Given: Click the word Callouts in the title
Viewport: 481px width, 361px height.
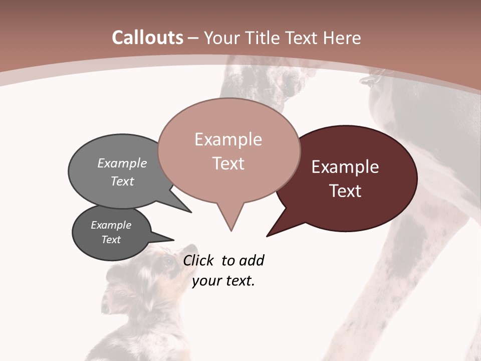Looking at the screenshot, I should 147,38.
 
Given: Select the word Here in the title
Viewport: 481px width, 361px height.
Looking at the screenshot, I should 342,38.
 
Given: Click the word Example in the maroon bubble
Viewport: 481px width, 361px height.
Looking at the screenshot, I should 345,167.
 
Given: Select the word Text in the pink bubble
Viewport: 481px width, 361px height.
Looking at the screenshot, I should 228,163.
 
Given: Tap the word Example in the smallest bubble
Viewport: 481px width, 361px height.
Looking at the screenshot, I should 111,225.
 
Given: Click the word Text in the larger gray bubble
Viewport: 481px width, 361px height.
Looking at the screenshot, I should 122,181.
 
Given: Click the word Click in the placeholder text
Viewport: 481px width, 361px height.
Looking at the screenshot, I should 199,260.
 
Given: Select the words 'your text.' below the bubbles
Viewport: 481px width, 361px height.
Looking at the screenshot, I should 223,281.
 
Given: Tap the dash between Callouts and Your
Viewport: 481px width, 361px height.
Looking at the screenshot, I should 194,38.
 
